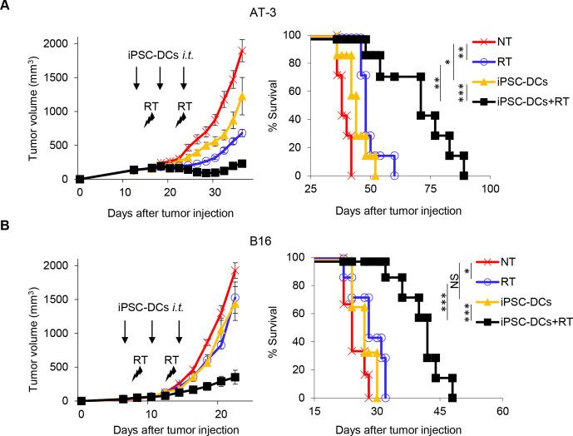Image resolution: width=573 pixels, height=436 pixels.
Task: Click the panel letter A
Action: [x=7, y=7]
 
